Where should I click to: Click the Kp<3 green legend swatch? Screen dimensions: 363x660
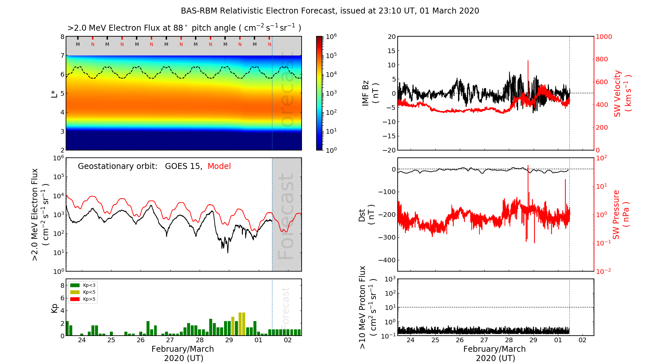75,285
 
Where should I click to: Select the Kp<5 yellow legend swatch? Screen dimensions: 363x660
75,292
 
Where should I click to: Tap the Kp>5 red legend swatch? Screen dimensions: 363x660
75,299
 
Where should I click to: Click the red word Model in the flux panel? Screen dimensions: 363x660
219,166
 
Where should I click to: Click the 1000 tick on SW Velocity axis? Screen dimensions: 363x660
604,37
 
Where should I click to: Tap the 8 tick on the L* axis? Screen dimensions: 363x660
62,37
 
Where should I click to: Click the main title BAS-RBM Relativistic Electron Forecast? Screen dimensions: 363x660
330,11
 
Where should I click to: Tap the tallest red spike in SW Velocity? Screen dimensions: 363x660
528,61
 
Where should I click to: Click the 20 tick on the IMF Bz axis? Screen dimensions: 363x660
391,37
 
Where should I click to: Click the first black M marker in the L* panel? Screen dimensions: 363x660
78,44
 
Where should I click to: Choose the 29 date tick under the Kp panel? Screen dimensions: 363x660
229,340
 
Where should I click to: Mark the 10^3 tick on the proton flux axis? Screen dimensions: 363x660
390,279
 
